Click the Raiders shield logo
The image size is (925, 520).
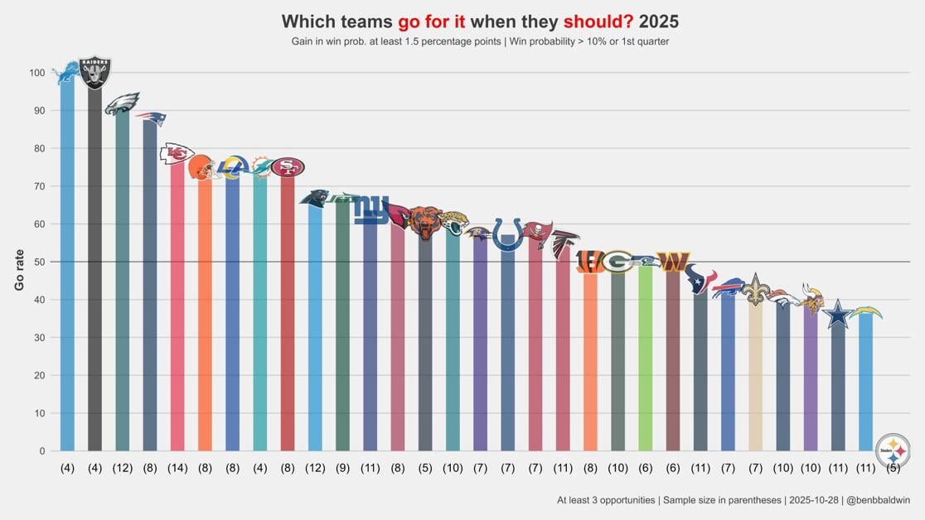pos(94,73)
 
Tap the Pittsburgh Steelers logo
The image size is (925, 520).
pos(893,451)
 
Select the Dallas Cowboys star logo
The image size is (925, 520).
pos(838,315)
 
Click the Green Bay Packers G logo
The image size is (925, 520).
pos(617,262)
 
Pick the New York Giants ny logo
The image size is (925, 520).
pos(370,210)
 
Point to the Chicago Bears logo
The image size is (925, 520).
pos(425,222)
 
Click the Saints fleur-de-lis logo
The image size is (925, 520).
pos(755,290)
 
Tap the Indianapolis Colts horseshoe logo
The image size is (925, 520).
pos(507,234)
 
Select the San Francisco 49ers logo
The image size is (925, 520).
pos(288,167)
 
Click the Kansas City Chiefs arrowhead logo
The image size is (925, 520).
pos(177,153)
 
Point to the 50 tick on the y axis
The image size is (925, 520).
pos(38,262)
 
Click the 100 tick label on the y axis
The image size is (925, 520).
pos(36,73)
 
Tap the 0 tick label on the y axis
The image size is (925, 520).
pos(41,451)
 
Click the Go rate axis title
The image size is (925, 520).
pos(19,270)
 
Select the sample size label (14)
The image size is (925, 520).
pos(177,469)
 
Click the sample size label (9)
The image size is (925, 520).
pos(342,469)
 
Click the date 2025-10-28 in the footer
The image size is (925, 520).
pos(816,500)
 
